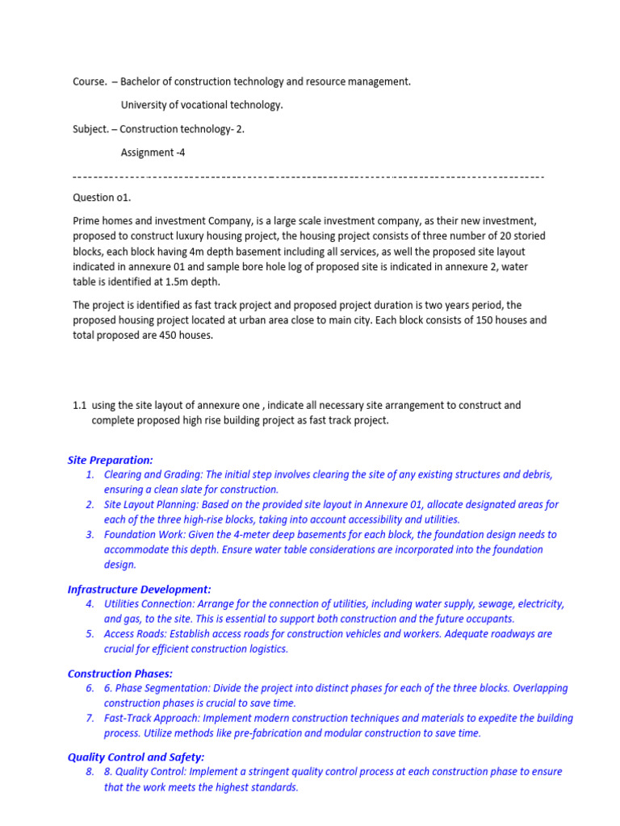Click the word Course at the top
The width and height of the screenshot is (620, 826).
coord(88,81)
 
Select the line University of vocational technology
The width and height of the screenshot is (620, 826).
coord(202,105)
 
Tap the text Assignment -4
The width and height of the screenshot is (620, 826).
coord(153,152)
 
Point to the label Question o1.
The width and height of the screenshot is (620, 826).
coord(102,198)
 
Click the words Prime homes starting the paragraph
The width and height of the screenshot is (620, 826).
coord(102,220)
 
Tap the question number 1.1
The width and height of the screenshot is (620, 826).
coord(80,405)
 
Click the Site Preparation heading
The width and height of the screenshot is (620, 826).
coord(110,460)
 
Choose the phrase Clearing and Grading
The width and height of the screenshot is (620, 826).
coord(153,475)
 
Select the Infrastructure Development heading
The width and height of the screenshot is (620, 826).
coord(139,590)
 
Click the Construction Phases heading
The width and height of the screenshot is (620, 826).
coord(120,674)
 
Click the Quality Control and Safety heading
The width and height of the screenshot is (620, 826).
coord(136,757)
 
